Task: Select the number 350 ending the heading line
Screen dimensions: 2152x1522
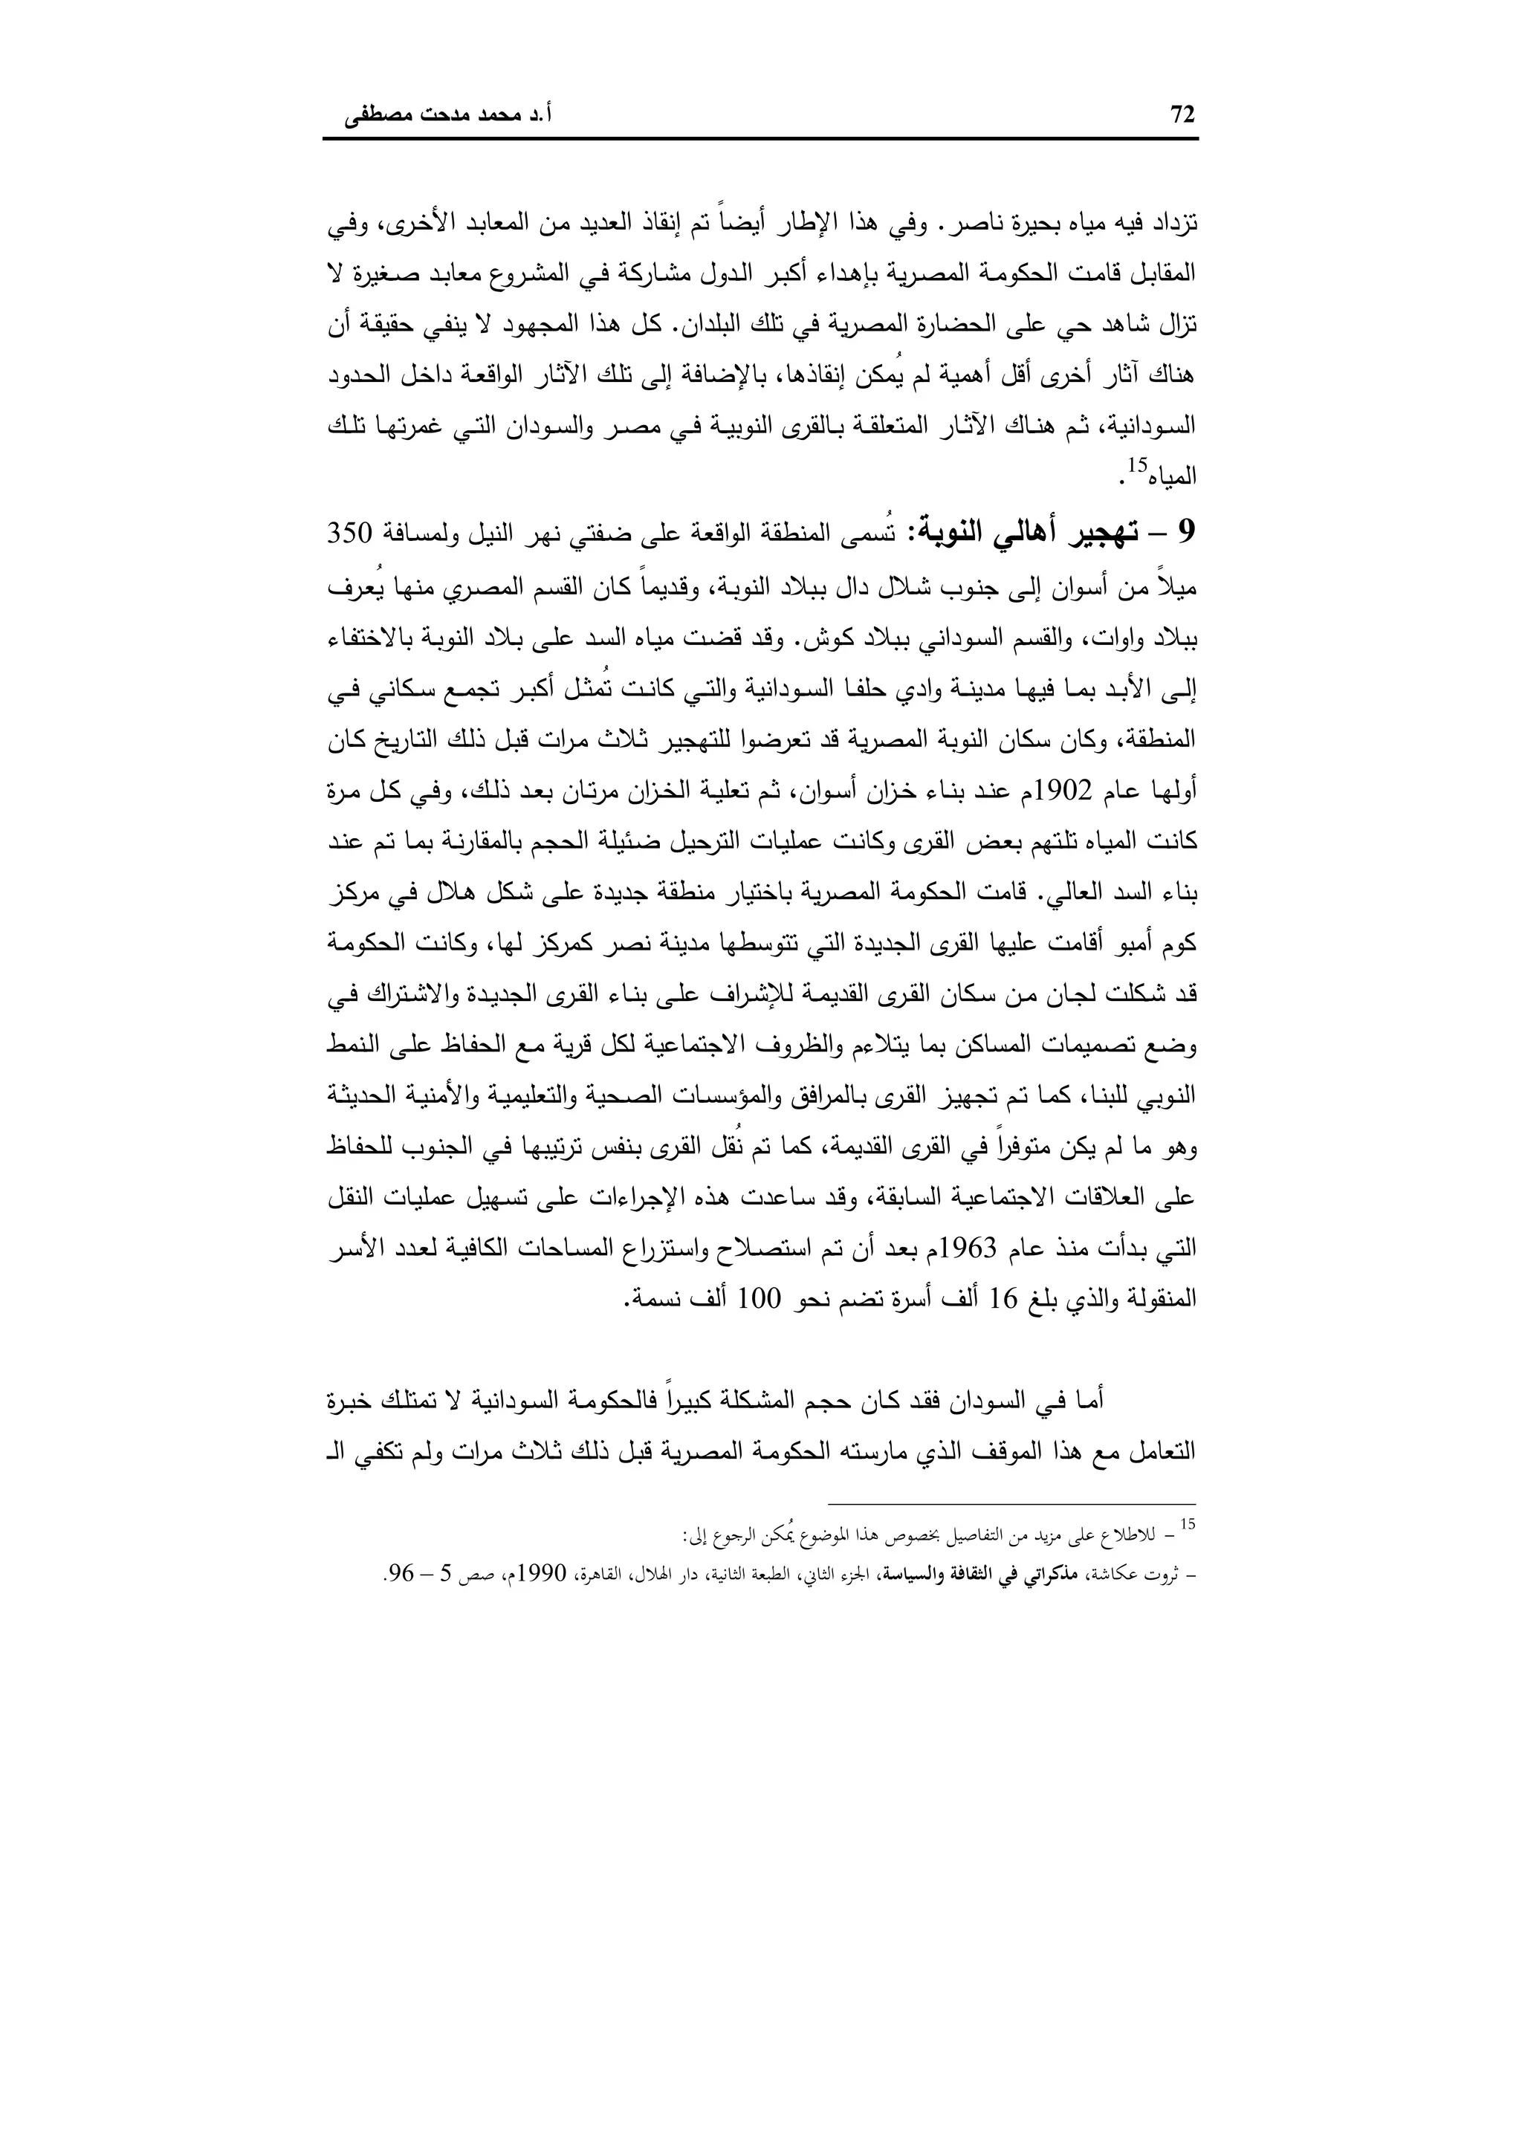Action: [x=351, y=534]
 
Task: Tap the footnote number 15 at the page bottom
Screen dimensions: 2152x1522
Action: [x=1188, y=1524]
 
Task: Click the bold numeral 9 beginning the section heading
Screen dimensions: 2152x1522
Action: [x=1188, y=534]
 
